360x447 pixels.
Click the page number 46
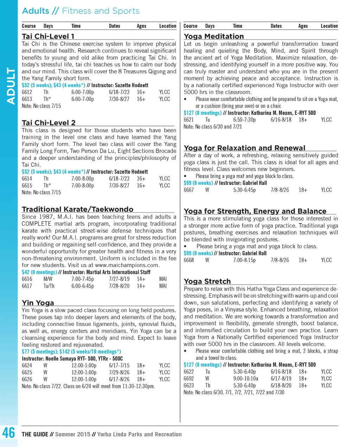8,433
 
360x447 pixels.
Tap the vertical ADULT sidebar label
11,86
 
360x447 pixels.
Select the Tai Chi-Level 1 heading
48,36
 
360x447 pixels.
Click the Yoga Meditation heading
214,36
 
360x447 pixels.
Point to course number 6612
27,92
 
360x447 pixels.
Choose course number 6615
27,186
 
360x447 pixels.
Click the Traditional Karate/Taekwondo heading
77,209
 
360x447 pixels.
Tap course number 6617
27,286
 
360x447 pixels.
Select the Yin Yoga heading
38,303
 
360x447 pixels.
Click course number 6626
27,380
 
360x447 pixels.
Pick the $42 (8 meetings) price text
39,272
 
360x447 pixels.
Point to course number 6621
188,120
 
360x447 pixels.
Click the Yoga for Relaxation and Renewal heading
244,148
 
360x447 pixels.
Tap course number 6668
188,260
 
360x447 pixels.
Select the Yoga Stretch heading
207,281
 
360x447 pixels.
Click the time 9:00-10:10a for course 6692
245,378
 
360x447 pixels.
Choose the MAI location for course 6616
163,279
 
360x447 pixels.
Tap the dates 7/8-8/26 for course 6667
279,190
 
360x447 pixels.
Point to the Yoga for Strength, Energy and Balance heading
255,211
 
